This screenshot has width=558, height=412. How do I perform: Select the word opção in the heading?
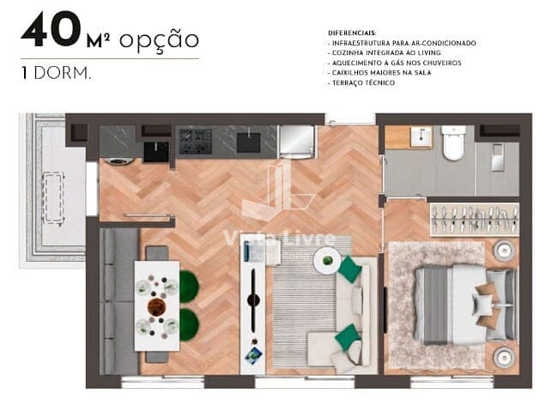pos(159,39)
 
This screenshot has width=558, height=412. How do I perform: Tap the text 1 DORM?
pos(56,74)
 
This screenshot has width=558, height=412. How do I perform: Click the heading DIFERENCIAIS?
pos(353,33)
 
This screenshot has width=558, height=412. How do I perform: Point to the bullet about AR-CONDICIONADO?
pos(402,43)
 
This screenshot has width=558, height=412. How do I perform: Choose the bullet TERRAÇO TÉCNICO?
pos(361,83)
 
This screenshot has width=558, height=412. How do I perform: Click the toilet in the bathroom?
pos(453,144)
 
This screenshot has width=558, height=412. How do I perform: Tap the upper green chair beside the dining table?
pos(188,287)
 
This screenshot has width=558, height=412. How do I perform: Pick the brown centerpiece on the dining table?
pos(156,306)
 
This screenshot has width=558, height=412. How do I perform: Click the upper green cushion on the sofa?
pos(349,270)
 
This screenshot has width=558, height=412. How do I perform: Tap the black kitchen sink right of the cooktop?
pos(249,142)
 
